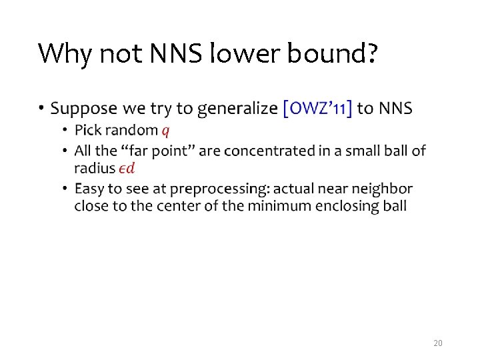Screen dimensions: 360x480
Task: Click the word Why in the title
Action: [x=65, y=53]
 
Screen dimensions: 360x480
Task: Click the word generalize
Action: [x=237, y=109]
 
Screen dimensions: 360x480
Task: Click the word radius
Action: [x=94, y=167]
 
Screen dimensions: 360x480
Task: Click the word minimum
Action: [x=278, y=206]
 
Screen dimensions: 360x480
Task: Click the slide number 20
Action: [x=437, y=343]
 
